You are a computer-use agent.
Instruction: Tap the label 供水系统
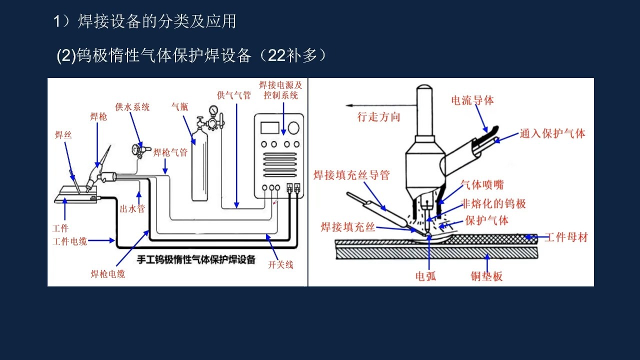tap(132, 107)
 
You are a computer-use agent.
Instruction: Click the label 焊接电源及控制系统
tap(280, 90)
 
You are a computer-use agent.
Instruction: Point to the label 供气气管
tap(233, 95)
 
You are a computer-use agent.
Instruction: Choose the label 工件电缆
tap(70, 241)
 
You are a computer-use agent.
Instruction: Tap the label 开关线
tap(280, 264)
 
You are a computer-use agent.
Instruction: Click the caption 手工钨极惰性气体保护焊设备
tap(196, 259)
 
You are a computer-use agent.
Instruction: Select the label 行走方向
tap(378, 117)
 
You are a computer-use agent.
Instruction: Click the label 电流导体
tap(472, 100)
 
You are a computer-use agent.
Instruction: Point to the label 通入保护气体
tap(552, 133)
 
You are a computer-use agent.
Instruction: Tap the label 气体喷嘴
tap(479, 184)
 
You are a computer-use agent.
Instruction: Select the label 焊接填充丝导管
tap(351, 175)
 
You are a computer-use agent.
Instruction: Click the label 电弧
tap(426, 276)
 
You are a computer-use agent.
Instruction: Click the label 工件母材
tap(566, 237)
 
